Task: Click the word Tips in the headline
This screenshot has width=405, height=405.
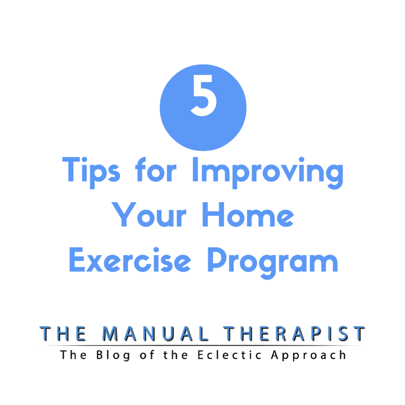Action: click(91, 172)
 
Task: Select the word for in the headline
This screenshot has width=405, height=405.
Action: click(159, 171)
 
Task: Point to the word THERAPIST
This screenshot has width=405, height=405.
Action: click(295, 334)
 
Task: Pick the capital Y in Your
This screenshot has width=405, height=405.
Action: click(122, 215)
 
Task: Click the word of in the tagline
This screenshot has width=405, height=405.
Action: click(152, 354)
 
